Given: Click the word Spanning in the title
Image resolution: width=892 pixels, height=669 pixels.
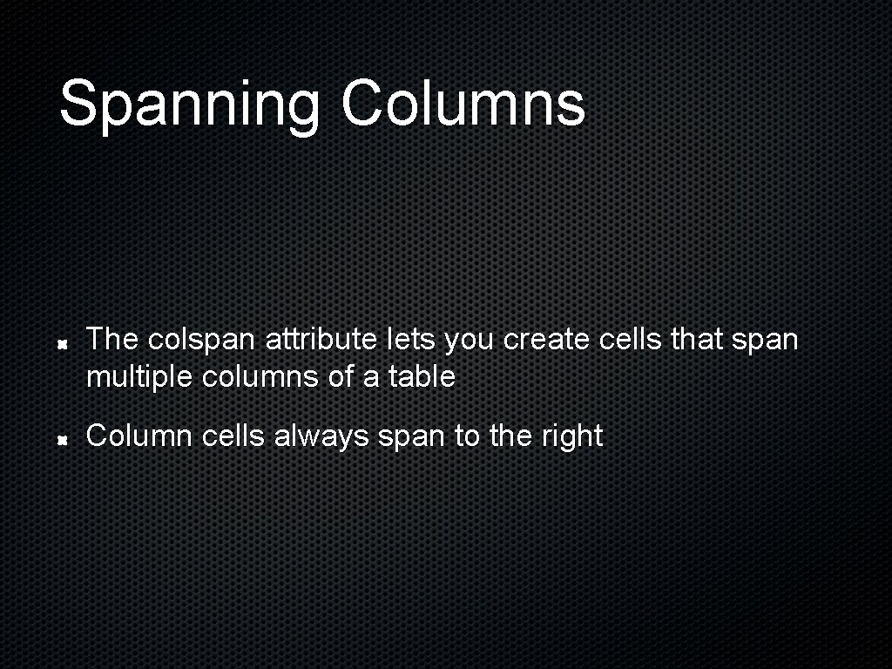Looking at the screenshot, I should point(189,105).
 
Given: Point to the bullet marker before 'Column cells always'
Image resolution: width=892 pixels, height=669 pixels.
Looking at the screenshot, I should point(64,442).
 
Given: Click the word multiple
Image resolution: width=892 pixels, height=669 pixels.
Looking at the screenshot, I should point(140,378).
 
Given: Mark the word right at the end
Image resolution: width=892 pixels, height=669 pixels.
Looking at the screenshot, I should point(571,436).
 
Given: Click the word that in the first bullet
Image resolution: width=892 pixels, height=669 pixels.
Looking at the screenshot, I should point(698,340).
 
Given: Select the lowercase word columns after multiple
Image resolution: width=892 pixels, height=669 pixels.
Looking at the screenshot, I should point(261,378).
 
